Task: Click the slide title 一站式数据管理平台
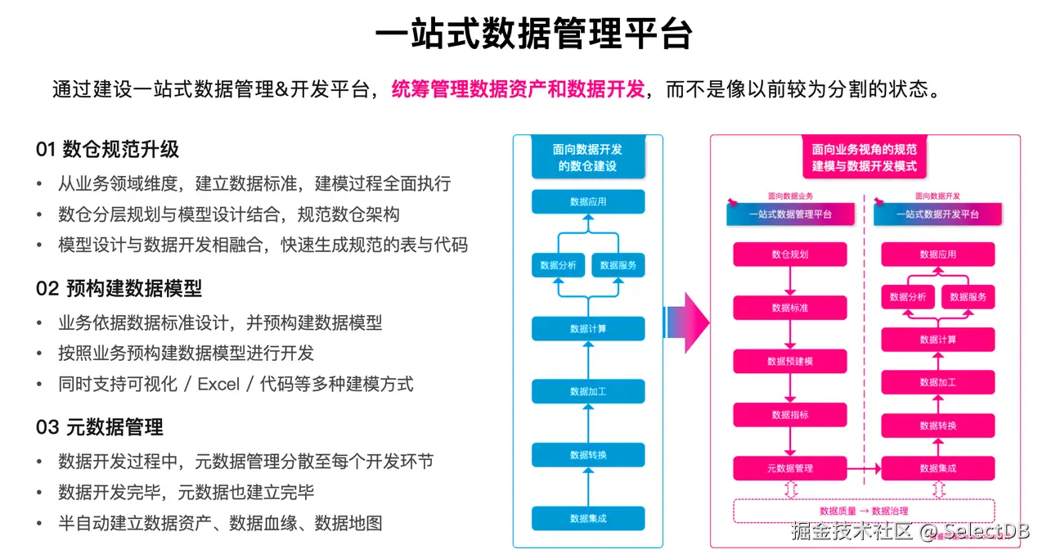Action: point(533,35)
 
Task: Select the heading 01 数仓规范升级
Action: point(107,149)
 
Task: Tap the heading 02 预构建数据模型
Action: point(119,288)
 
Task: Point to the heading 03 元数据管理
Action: point(99,426)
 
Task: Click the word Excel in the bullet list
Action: point(219,383)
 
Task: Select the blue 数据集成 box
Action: point(588,518)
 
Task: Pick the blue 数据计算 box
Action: point(588,328)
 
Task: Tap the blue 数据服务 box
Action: point(618,265)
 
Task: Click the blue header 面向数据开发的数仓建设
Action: point(587,157)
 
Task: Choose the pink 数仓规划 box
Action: point(789,254)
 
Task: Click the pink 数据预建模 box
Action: point(789,361)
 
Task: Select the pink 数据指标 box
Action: point(789,414)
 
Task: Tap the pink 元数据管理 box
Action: point(789,468)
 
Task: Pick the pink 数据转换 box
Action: point(937,426)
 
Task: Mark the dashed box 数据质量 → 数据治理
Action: point(863,511)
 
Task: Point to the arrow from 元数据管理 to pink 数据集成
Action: point(863,468)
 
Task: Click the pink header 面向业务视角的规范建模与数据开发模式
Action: point(864,157)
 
